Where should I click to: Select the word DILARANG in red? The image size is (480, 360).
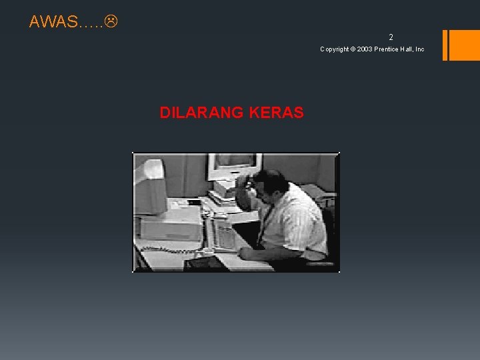pos(201,113)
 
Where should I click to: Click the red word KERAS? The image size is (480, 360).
pos(276,113)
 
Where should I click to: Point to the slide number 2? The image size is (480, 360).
pos(391,38)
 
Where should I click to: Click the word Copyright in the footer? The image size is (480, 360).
pos(334,49)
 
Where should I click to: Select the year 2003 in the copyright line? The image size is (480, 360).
pos(365,49)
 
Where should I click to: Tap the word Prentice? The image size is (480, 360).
pos(389,49)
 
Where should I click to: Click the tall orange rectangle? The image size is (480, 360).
pos(465,45)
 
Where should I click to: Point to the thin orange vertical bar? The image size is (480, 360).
pos(445,45)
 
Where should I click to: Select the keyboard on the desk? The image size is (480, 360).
pos(223,236)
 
